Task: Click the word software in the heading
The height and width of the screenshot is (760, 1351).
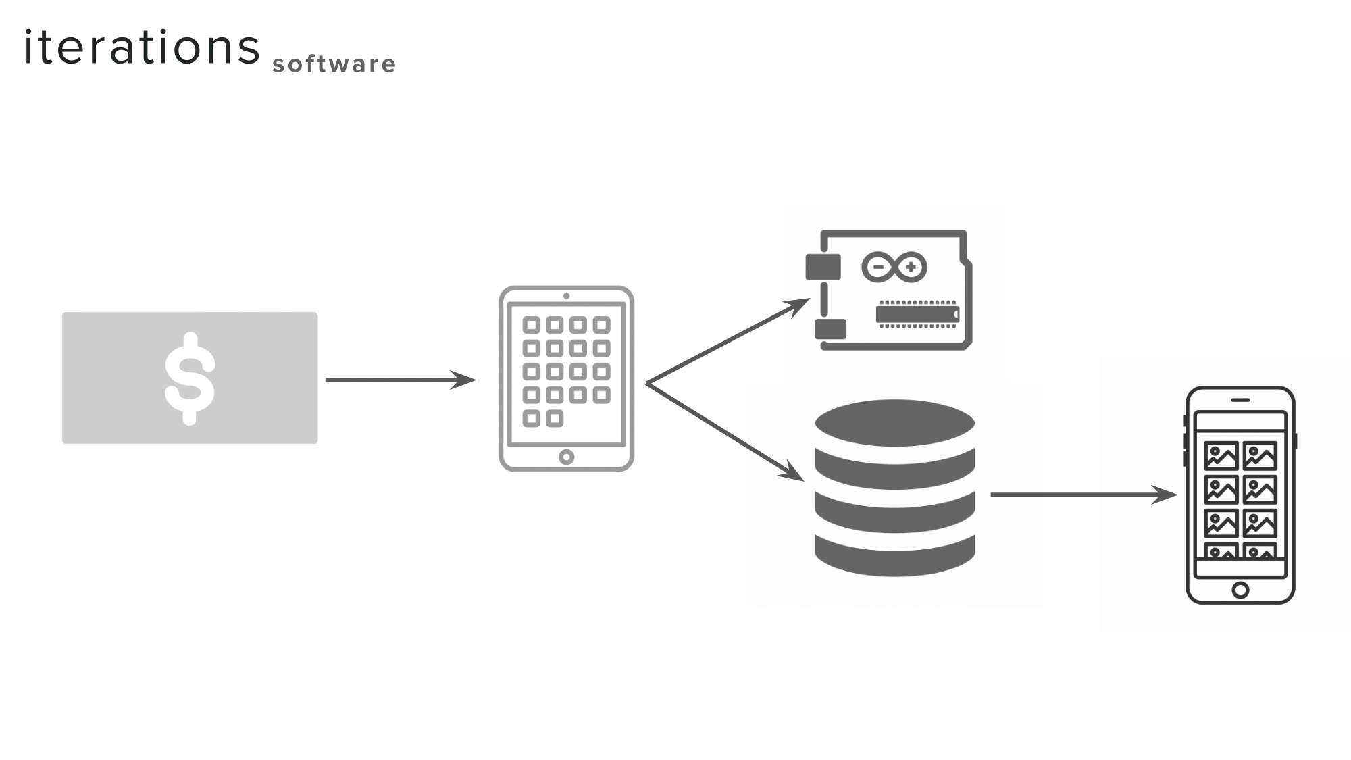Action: [x=334, y=64]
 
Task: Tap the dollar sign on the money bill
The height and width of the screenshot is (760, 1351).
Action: [x=190, y=378]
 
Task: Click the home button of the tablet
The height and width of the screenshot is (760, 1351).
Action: [x=566, y=457]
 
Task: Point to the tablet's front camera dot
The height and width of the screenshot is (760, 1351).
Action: [x=566, y=296]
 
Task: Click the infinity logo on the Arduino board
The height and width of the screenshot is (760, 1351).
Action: [x=894, y=268]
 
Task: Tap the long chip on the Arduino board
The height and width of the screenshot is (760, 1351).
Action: [x=917, y=314]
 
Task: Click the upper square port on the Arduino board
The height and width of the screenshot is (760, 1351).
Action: [x=823, y=267]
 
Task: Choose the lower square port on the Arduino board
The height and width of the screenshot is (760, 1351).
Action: [x=830, y=329]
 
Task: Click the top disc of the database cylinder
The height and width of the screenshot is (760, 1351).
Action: [x=894, y=422]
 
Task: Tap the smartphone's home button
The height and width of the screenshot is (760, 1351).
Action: [x=1240, y=590]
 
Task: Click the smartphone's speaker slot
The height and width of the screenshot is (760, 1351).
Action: [x=1240, y=399]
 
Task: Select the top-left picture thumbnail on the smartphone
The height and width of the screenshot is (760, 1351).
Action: [x=1221, y=456]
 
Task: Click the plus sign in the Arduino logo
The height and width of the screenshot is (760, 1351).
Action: [x=911, y=267]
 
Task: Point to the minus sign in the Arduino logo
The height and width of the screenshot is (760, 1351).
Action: [x=878, y=267]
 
